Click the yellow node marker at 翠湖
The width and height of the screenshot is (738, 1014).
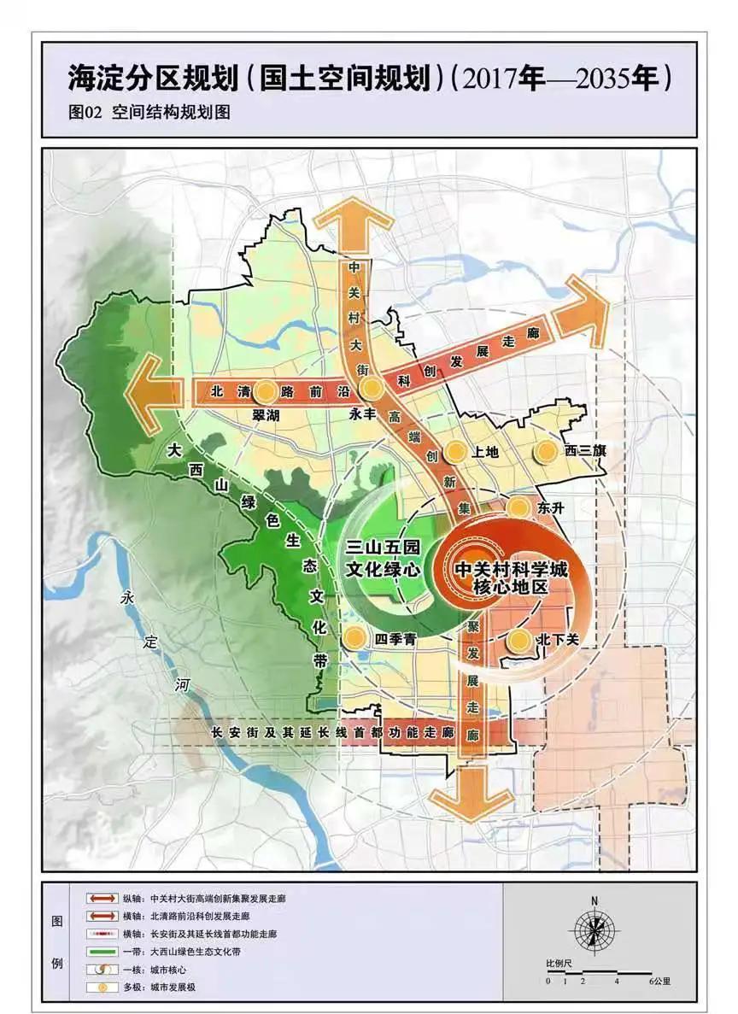coord(266,391)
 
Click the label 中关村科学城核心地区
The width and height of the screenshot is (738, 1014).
coord(509,577)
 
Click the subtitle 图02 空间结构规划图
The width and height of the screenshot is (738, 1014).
coord(149,111)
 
